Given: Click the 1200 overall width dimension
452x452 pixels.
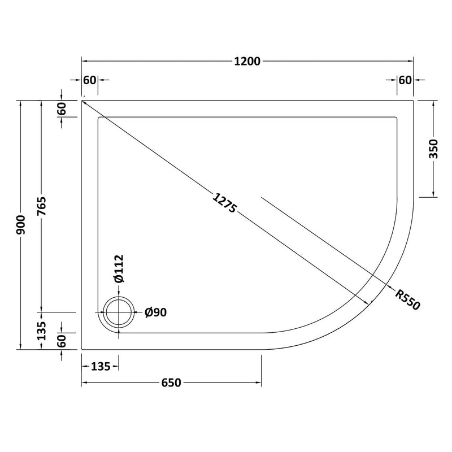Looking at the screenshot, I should click(247, 61).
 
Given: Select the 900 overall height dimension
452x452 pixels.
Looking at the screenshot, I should click(21, 225).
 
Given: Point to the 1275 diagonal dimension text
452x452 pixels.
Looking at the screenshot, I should click(224, 204).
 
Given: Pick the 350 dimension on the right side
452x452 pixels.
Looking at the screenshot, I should click(434, 148).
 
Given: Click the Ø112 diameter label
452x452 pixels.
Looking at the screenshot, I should click(119, 270).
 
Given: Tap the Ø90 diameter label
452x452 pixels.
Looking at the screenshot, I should click(155, 312).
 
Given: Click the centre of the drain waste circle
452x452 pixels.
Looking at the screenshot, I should click(119, 312).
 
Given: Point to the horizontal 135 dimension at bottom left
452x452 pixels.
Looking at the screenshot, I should click(100, 367).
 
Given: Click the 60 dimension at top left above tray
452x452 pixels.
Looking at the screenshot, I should click(90, 80).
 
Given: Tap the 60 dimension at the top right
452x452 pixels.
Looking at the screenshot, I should click(405, 80).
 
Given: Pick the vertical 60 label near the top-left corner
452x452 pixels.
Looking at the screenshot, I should click(62, 108).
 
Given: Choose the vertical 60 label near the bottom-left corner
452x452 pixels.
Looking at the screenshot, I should click(62, 341).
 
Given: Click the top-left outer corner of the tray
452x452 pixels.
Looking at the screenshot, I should click(82, 101).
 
